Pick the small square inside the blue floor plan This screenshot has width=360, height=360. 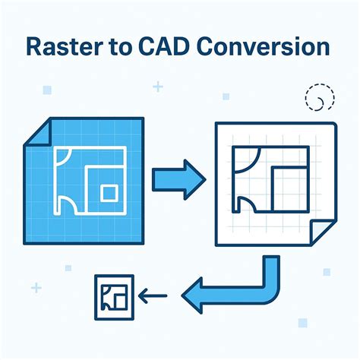(x=109, y=192)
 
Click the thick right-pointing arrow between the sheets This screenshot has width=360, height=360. (x=178, y=181)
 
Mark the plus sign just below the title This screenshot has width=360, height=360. (x=158, y=87)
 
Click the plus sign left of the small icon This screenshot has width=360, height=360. (x=36, y=287)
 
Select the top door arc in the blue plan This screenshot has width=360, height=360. (x=64, y=157)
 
